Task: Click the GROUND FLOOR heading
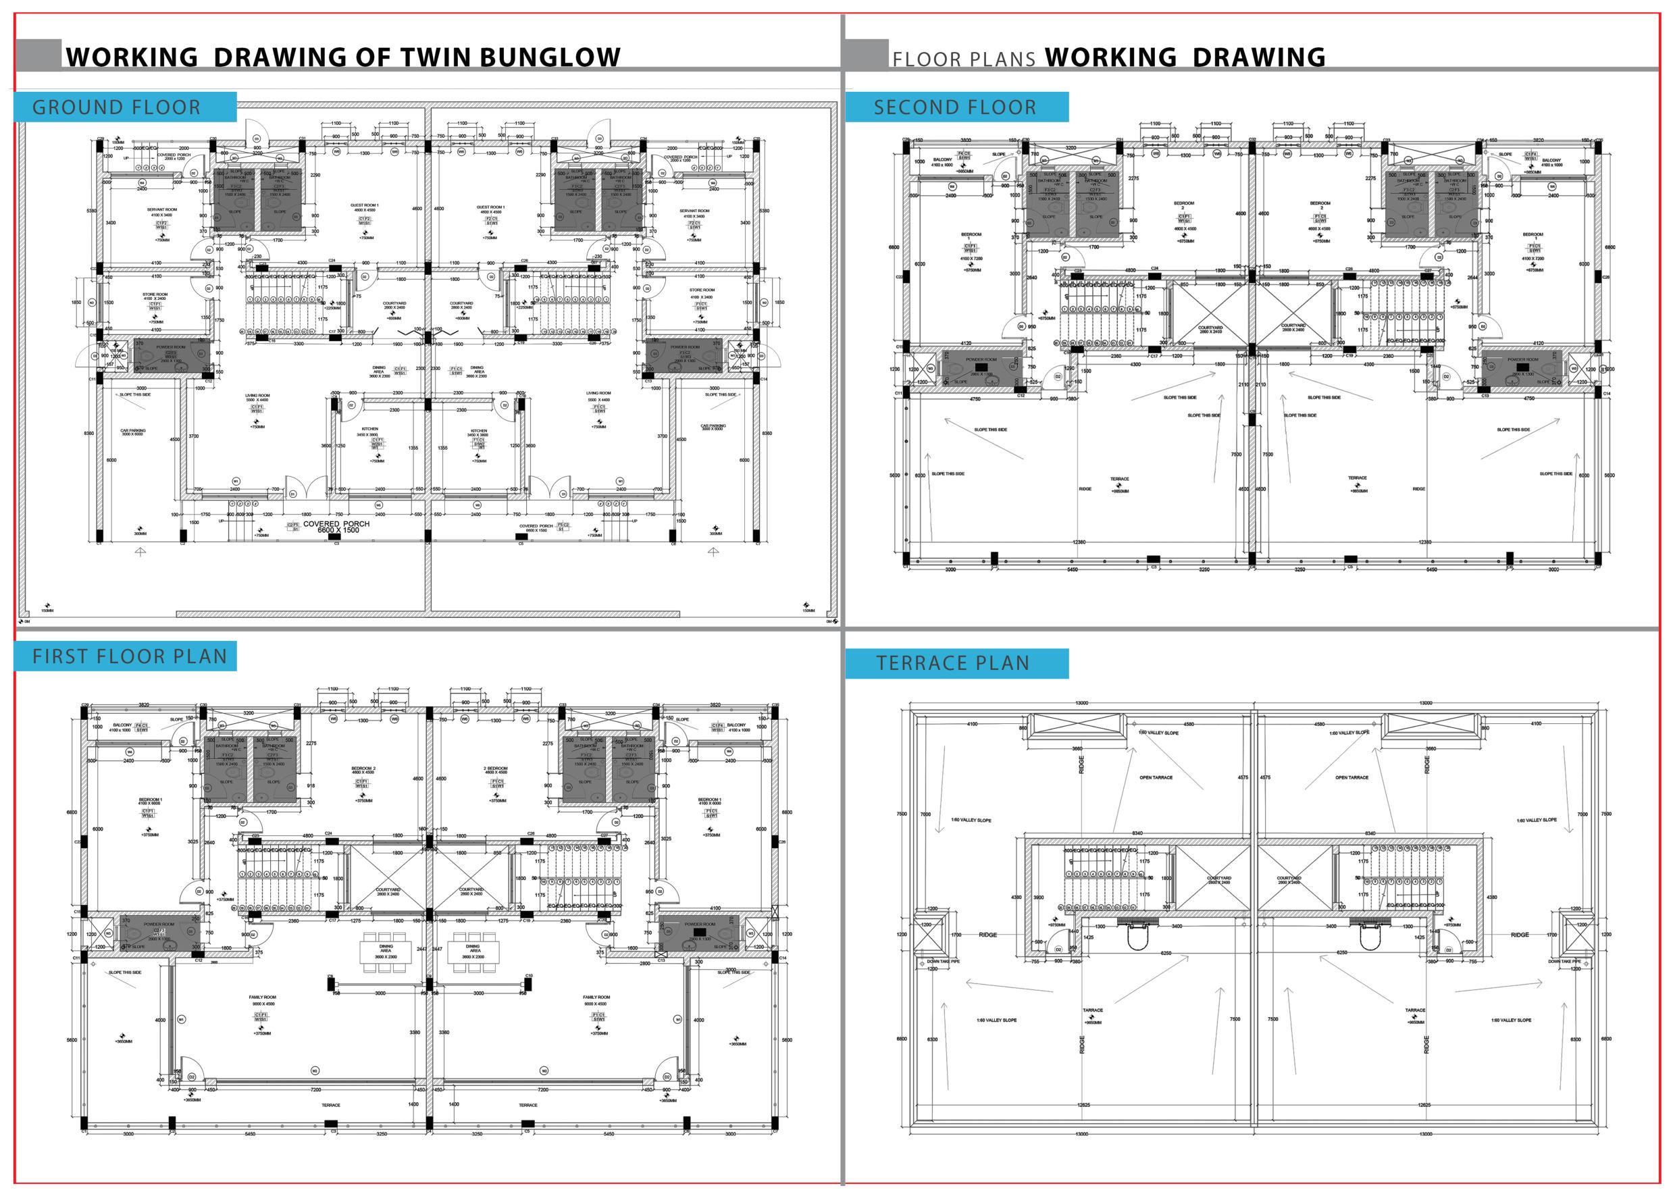point(116,107)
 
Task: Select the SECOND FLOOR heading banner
point(954,107)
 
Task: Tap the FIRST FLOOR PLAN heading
point(130,656)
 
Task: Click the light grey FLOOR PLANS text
point(964,59)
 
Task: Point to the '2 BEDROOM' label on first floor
point(495,769)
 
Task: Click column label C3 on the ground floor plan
point(337,544)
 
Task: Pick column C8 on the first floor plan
point(330,976)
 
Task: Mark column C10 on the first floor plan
point(528,976)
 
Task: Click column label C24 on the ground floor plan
point(332,260)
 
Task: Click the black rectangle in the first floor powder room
point(696,931)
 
